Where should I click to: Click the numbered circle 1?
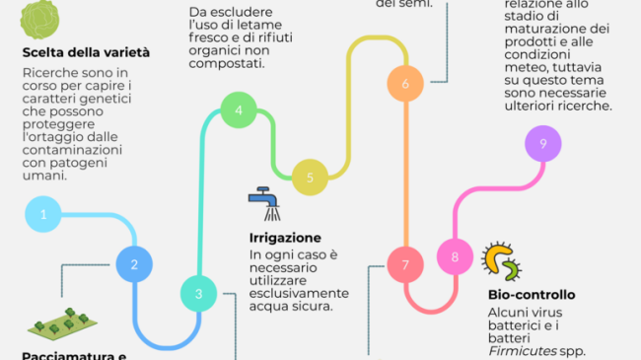tap(43, 213)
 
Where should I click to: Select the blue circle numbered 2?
tap(134, 263)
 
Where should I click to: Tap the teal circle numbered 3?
tap(198, 293)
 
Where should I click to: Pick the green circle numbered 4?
tap(239, 110)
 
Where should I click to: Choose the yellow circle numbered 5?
tap(310, 178)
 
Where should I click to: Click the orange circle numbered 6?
tap(405, 84)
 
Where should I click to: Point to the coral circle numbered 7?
tap(404, 263)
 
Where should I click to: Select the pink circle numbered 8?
tap(455, 258)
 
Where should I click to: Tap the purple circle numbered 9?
tap(542, 144)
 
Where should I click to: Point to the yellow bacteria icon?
tap(502, 260)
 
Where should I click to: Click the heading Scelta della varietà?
tap(86, 51)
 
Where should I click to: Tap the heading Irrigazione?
tap(284, 238)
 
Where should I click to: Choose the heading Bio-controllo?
tap(531, 294)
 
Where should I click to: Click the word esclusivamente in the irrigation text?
tap(298, 293)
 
